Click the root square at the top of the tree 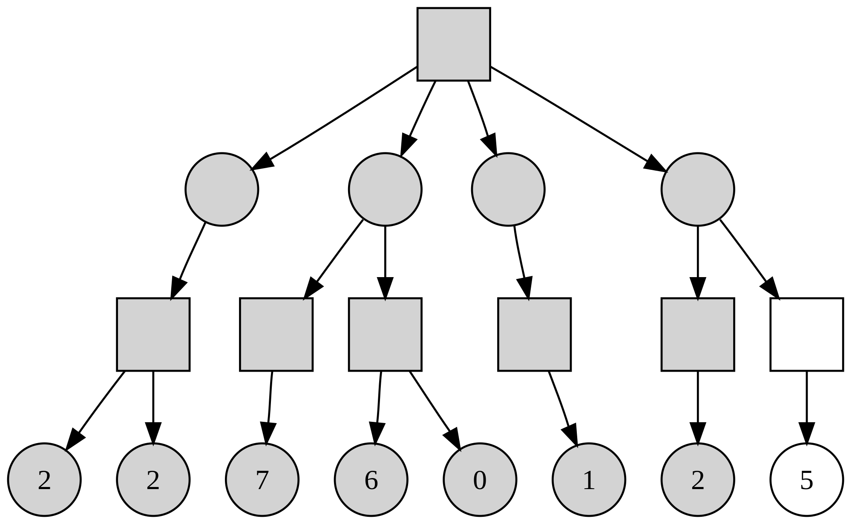(454, 44)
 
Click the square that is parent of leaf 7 (276, 335)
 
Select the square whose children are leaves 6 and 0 (385, 335)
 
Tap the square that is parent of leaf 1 (534, 335)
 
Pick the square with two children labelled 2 (153, 335)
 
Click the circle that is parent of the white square (698, 189)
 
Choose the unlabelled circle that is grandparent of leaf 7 (385, 189)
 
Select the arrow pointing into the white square (749, 259)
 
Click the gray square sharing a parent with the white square (698, 335)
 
